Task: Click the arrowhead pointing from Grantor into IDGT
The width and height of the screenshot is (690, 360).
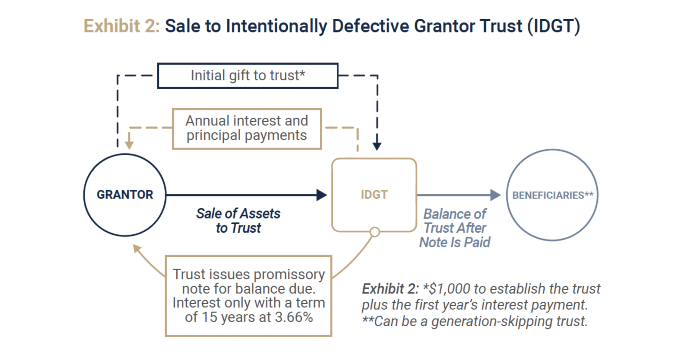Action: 322,195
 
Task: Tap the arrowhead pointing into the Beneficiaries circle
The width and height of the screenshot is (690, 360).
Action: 496,195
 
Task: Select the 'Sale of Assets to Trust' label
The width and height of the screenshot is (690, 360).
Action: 238,221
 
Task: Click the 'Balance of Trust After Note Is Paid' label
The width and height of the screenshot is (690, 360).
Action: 455,228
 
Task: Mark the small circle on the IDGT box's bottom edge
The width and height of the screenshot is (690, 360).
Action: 375,232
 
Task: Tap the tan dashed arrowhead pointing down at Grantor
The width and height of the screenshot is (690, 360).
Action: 129,145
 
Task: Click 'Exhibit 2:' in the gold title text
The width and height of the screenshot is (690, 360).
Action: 122,26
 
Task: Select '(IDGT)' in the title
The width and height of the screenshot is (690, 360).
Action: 554,26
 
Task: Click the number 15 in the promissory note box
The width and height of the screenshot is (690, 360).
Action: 210,317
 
